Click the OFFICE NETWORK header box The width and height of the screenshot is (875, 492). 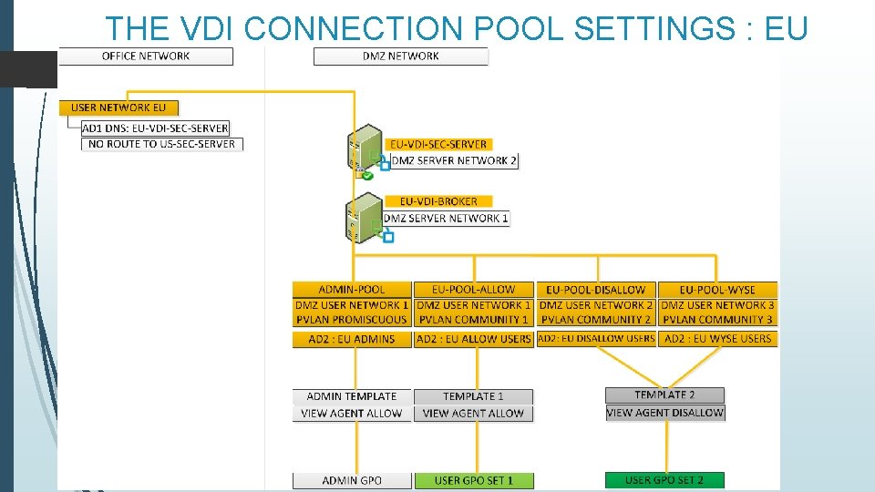tap(146, 56)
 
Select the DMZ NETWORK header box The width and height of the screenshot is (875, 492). tap(400, 56)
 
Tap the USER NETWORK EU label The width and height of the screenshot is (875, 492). tap(118, 108)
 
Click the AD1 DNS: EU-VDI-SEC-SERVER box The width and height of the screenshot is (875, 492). tap(155, 128)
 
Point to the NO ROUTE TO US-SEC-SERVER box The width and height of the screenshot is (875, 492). tap(162, 144)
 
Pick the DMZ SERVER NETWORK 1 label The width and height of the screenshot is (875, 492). tap(446, 219)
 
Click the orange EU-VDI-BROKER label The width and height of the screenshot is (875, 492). tap(438, 201)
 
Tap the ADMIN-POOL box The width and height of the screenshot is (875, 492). tap(352, 290)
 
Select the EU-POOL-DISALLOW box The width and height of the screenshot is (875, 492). tap(595, 290)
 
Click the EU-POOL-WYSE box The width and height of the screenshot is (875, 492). tap(717, 290)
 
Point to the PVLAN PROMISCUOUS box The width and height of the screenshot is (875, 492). tap(352, 320)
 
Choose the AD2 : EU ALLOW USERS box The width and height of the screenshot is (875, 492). tap(473, 339)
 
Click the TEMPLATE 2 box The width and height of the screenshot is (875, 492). tap(664, 395)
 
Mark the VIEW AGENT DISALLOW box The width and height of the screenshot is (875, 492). tap(664, 413)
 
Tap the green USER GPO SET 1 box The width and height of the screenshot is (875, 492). tap(473, 480)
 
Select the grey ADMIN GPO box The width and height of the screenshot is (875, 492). tap(352, 480)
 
